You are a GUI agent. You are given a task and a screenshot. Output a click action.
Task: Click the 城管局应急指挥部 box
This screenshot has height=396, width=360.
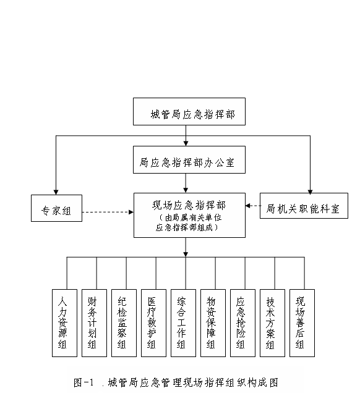(x=189, y=111)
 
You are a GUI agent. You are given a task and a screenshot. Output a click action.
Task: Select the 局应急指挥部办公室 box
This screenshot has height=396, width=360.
(x=189, y=159)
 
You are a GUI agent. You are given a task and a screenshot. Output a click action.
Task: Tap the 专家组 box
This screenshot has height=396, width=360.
(x=56, y=208)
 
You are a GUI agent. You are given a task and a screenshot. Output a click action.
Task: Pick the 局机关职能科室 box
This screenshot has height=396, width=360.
(x=304, y=206)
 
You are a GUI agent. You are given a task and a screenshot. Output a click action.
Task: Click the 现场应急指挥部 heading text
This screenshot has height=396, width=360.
(x=189, y=205)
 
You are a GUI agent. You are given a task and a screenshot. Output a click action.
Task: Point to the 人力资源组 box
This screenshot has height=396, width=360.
(x=64, y=323)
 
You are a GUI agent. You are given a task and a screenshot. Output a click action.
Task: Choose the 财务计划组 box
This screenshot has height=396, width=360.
(x=94, y=323)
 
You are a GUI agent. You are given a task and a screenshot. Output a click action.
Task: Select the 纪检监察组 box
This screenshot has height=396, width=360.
(x=124, y=323)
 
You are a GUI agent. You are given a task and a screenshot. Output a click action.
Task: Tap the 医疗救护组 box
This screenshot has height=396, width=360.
(x=153, y=323)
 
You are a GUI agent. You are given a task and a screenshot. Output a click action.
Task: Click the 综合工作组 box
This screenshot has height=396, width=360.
(x=183, y=323)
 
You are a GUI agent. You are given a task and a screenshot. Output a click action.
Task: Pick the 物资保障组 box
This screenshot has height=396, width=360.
(x=213, y=323)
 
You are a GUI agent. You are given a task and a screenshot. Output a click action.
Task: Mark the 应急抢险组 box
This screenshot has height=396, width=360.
(x=242, y=323)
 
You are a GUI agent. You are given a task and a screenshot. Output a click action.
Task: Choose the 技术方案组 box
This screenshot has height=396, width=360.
(x=272, y=323)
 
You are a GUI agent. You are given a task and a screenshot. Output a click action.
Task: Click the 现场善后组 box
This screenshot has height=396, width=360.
(x=302, y=323)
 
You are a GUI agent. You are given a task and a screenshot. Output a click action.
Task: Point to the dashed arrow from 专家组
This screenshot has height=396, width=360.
(x=108, y=212)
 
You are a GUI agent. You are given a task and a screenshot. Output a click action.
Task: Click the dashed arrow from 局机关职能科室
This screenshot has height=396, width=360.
(x=253, y=206)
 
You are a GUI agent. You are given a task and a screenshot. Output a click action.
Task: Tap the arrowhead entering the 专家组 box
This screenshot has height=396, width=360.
(x=56, y=192)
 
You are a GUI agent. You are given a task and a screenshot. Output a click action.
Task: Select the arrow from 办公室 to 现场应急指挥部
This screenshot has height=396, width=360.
(x=186, y=183)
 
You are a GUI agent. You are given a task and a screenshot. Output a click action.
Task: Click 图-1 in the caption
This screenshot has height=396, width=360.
(x=84, y=382)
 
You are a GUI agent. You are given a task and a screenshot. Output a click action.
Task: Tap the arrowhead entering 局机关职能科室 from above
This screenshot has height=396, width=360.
(x=310, y=192)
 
